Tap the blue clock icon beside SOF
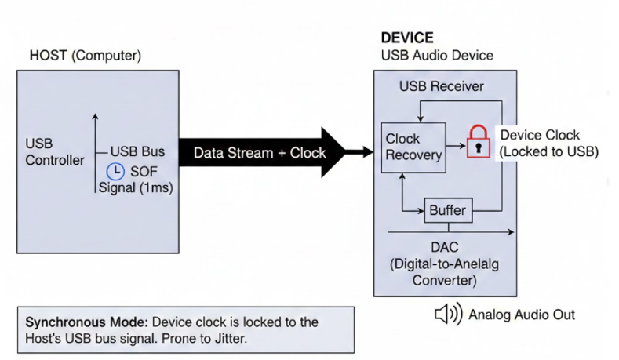(116, 171)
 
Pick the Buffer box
(447, 210)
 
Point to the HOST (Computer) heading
(85, 56)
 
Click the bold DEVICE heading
(406, 38)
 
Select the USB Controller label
(54, 153)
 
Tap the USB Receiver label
(441, 85)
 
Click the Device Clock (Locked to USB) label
(548, 143)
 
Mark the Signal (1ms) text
(137, 188)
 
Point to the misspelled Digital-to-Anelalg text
(444, 264)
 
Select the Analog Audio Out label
(521, 315)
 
